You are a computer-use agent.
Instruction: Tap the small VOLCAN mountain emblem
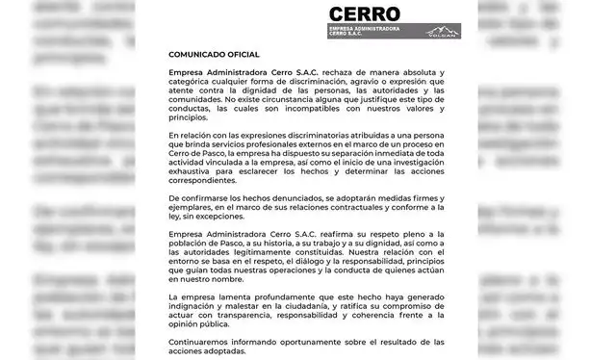pyautogui.click(x=443, y=32)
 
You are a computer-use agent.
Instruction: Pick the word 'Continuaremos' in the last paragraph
pyautogui.click(x=200, y=342)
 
